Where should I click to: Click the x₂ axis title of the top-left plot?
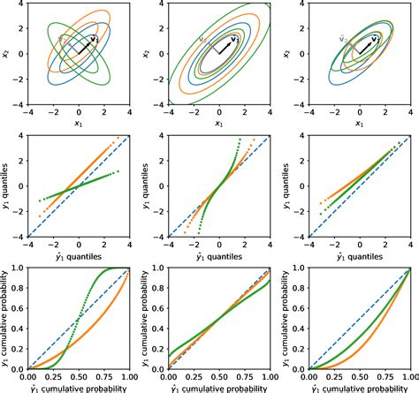click(6, 55)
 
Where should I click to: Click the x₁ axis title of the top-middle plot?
click(219, 124)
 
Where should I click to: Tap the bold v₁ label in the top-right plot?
click(377, 39)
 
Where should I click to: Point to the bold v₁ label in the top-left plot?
click(95, 40)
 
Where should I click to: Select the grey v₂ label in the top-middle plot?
click(204, 40)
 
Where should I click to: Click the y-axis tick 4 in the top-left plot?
click(20, 4)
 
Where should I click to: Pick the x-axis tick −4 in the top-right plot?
click(309, 114)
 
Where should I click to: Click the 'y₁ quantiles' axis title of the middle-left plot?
click(6, 186)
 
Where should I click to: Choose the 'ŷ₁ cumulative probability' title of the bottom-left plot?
click(79, 388)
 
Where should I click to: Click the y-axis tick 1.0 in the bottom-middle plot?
click(157, 268)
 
